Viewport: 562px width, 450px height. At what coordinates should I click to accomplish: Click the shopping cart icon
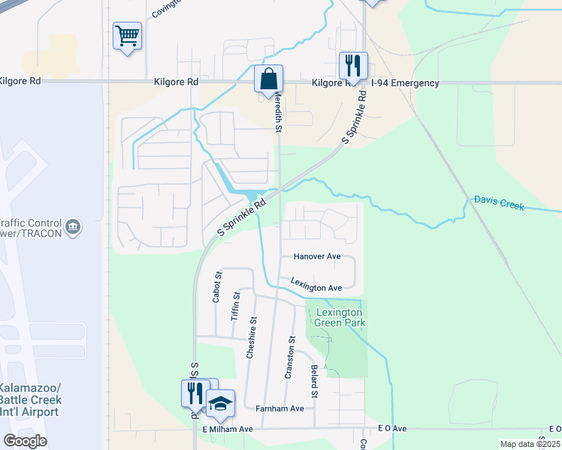pos(127,35)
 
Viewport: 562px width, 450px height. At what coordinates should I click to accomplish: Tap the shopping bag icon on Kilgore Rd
pos(268,79)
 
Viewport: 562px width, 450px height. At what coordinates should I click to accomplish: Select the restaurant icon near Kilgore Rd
pos(352,65)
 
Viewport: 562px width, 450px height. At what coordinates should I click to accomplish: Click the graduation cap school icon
pos(220,403)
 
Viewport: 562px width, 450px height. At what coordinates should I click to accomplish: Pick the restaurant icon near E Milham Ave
pos(193,391)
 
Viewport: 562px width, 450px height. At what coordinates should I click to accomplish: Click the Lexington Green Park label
pos(340,317)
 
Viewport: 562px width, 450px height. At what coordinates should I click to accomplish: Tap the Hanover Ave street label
pos(317,256)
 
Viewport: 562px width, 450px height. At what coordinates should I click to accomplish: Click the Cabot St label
pos(217,286)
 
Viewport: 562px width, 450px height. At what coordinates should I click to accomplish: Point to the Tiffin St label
pos(235,305)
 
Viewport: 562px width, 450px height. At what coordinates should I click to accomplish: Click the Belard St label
pos(313,382)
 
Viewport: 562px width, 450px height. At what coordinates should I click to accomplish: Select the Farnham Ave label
pos(278,409)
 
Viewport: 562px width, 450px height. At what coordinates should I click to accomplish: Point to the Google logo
pos(25,441)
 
